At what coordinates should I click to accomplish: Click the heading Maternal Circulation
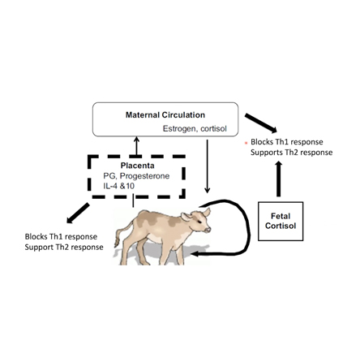point(165,114)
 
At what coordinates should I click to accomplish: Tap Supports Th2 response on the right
point(289,152)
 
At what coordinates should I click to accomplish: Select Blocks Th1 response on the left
point(62,236)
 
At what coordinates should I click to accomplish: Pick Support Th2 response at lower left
point(64,247)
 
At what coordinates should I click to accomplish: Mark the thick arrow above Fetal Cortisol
point(280,179)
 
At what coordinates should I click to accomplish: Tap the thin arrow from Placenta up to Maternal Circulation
point(137,144)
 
